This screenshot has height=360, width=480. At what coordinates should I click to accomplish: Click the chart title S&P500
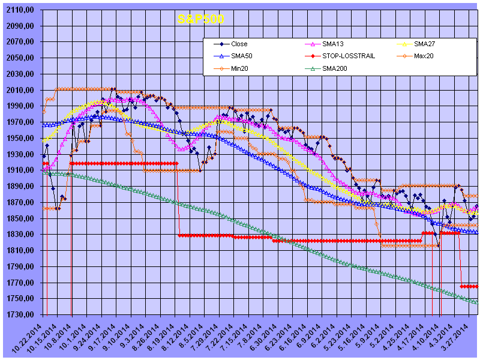(200, 19)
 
